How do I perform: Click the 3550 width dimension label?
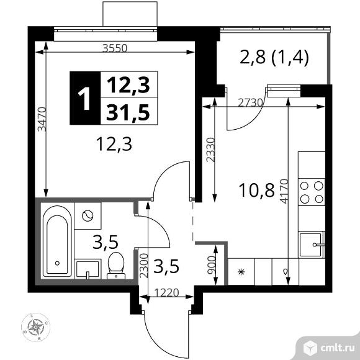[x=115, y=48]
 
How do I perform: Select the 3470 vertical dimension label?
[x=42, y=119]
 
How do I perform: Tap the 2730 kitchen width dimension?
[x=250, y=102]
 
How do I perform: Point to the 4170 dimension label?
[x=284, y=191]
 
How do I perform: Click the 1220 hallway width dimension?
[x=166, y=293]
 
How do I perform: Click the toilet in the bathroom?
[x=116, y=266]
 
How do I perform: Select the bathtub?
[x=57, y=242]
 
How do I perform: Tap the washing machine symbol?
[x=88, y=216]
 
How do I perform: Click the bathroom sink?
[x=88, y=269]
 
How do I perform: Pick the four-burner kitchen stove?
[x=312, y=192]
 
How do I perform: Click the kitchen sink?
[x=312, y=245]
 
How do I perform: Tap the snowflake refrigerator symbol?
[x=241, y=272]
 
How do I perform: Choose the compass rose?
[x=35, y=327]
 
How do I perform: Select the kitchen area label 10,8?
[x=256, y=191]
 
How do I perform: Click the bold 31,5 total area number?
[x=128, y=112]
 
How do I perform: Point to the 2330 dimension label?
[x=210, y=150]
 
